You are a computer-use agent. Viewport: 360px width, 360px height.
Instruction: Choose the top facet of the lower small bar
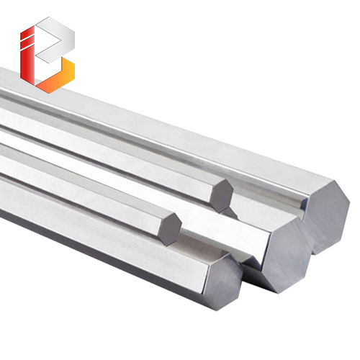(79, 180)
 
